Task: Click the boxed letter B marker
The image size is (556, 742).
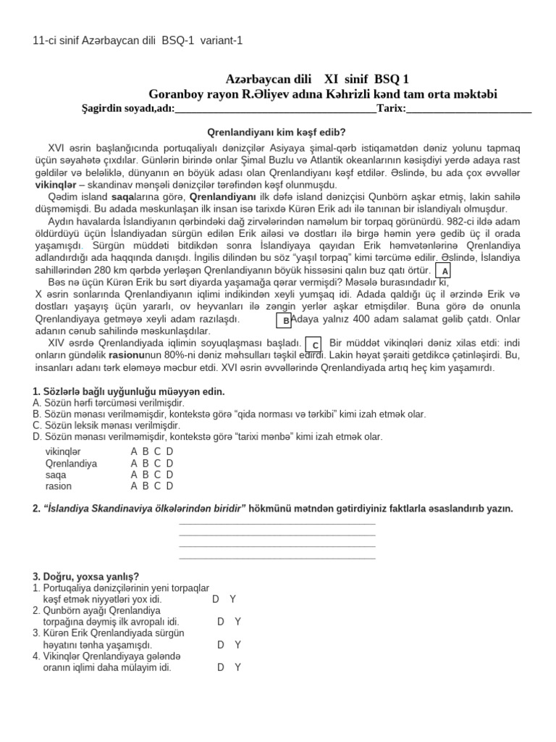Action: point(285,320)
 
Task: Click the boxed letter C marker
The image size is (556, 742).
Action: point(315,344)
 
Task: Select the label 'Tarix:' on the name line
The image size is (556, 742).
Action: point(391,109)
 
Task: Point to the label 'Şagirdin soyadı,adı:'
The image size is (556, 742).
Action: point(128,109)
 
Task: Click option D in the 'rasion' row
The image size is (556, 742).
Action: point(169,486)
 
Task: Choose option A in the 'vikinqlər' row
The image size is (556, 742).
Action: point(134,451)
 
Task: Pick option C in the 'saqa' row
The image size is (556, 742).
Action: point(158,475)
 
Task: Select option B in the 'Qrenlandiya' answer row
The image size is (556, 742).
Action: point(146,463)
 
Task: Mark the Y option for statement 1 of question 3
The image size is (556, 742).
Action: point(232,599)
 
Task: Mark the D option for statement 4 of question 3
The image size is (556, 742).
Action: point(221,667)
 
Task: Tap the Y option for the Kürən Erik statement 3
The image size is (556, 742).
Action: point(237,644)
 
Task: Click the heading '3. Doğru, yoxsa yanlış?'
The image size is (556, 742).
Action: point(86,576)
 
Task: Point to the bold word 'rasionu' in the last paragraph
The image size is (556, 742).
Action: point(127,356)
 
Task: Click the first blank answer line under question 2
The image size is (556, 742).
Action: point(277,523)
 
